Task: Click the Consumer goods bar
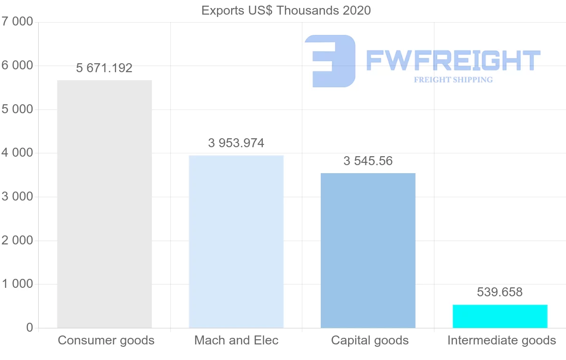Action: pyautogui.click(x=104, y=204)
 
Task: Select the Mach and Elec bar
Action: pyautogui.click(x=236, y=241)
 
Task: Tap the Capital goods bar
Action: pyautogui.click(x=368, y=250)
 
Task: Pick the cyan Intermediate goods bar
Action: pyautogui.click(x=500, y=316)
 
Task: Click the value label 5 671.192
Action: pyautogui.click(x=104, y=68)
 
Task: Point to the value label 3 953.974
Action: pyautogui.click(x=236, y=143)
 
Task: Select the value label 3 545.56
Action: pyautogui.click(x=368, y=161)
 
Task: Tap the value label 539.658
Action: pyautogui.click(x=500, y=292)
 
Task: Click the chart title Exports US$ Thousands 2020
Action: pyautogui.click(x=286, y=10)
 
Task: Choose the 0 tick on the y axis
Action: pyautogui.click(x=29, y=328)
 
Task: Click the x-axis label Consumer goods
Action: pyautogui.click(x=106, y=340)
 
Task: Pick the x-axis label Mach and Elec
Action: pyautogui.click(x=236, y=340)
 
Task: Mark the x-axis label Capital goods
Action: pyautogui.click(x=370, y=340)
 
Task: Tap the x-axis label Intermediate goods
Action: pyautogui.click(x=501, y=340)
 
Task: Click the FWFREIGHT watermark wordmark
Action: pyautogui.click(x=453, y=60)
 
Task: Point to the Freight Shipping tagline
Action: pyautogui.click(x=453, y=80)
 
